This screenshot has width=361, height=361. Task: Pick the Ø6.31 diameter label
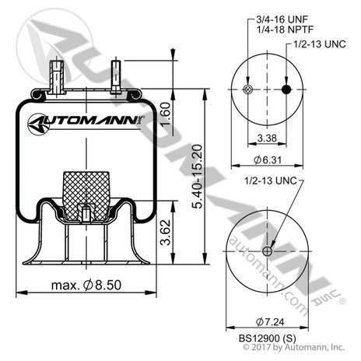[x=265, y=162]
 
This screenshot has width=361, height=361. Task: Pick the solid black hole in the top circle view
[x=285, y=91]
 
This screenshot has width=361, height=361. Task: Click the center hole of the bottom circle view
[x=266, y=250]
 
